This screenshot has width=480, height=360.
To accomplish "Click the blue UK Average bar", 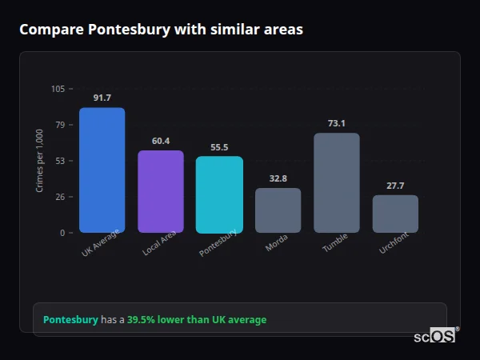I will click(102, 170).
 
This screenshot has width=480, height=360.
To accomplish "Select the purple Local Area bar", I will click(161, 192).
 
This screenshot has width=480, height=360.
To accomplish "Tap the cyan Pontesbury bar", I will click(219, 194).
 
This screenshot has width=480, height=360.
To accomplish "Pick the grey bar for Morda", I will click(278, 210).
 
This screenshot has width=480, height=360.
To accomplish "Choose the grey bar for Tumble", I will click(337, 182).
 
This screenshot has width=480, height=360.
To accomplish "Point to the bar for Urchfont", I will click(395, 214).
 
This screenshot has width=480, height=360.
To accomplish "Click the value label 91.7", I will click(102, 98).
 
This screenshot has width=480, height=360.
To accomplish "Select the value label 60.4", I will click(161, 141).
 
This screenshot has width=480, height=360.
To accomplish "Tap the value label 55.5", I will click(219, 147).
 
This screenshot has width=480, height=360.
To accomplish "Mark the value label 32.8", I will click(278, 178).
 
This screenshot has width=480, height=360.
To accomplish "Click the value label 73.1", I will click(337, 123).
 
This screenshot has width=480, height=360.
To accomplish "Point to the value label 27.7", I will click(395, 186).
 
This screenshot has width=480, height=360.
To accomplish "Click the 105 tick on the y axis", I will click(58, 89).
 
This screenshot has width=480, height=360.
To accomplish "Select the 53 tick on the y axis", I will click(60, 161).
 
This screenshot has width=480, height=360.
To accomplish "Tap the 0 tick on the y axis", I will click(62, 233).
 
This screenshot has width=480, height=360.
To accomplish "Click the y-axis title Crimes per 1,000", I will click(40, 161).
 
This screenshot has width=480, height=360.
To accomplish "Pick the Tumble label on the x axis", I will click(334, 243).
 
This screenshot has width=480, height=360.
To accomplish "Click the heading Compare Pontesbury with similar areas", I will click(161, 30).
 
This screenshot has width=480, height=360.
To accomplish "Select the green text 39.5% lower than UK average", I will click(197, 320).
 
